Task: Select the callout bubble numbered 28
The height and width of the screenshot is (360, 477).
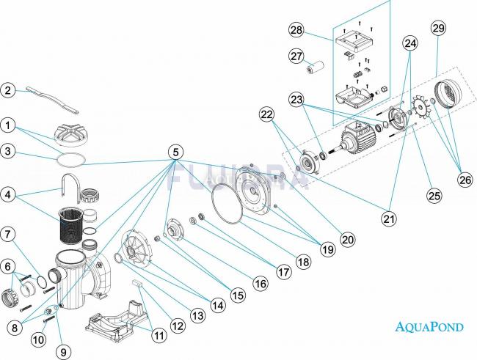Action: pyautogui.click(x=296, y=30)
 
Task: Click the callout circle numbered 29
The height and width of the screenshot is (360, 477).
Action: pyautogui.click(x=438, y=29)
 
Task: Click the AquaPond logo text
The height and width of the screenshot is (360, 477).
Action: pyautogui.click(x=430, y=327)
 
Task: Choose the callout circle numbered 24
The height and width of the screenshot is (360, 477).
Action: pyautogui.click(x=409, y=43)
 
